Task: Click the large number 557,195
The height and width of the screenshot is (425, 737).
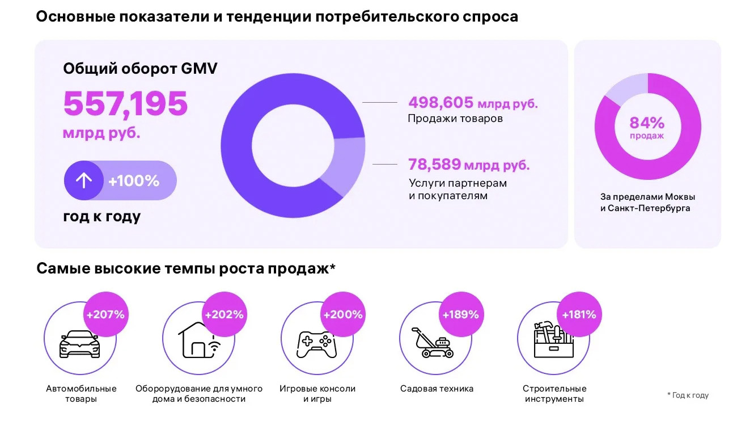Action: coord(125,104)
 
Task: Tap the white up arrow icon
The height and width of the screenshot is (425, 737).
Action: coord(84,180)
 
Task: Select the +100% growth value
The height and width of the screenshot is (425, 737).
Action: coord(134,181)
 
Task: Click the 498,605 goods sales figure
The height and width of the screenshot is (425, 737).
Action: coord(440,103)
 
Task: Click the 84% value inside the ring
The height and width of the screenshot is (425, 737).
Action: coord(647,123)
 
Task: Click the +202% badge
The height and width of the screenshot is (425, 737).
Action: coord(224,314)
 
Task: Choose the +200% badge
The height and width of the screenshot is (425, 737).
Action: coord(342,314)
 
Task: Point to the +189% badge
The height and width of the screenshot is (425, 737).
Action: coord(460,314)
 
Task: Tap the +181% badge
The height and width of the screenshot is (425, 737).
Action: coord(579,314)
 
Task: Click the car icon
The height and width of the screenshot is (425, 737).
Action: coord(79,344)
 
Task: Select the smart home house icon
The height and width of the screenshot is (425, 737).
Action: coord(196,340)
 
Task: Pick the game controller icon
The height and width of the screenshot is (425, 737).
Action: coord(316,344)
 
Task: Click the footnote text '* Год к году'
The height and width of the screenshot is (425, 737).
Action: coord(688,395)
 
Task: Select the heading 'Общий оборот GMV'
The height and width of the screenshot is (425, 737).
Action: coord(140,69)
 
